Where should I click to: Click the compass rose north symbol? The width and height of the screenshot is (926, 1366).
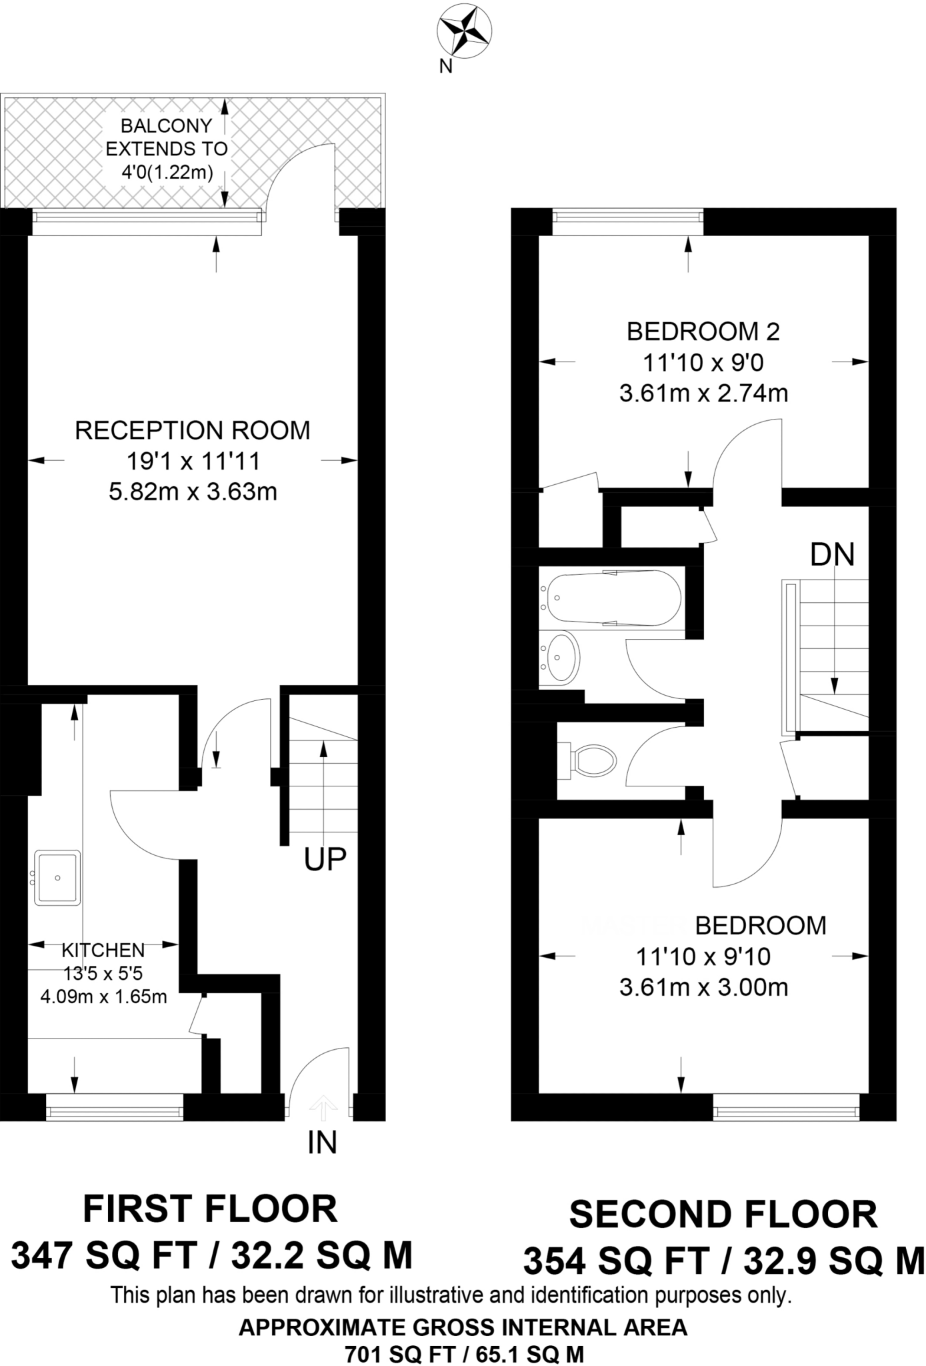pos(465,32)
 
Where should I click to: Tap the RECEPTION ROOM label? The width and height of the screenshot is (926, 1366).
pos(193,430)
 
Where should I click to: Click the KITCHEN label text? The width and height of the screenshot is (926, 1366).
pos(103,950)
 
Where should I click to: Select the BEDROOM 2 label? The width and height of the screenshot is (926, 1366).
pos(703,331)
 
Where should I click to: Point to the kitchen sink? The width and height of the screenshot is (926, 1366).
pos(57,877)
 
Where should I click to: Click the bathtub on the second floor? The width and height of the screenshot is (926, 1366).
pos(611,597)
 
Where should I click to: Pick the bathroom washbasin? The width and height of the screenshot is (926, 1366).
pos(560,658)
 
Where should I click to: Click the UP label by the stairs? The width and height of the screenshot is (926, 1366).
pos(325,860)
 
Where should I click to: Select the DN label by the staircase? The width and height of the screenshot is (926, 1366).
pos(832,554)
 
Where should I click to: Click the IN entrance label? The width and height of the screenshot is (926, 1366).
pos(323,1143)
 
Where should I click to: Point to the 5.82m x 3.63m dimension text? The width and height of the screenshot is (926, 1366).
pos(193,492)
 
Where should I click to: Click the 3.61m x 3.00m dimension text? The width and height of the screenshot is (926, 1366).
pos(703,987)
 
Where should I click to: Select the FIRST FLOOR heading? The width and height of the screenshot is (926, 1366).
pos(210,1209)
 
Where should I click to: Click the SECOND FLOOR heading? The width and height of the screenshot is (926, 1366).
pos(723,1215)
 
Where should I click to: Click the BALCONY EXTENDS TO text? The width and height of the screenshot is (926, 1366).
pos(167,137)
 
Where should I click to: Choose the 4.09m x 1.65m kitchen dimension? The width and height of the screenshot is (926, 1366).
pos(103,997)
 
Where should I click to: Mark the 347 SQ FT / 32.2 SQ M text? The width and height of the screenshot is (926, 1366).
pos(212,1256)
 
